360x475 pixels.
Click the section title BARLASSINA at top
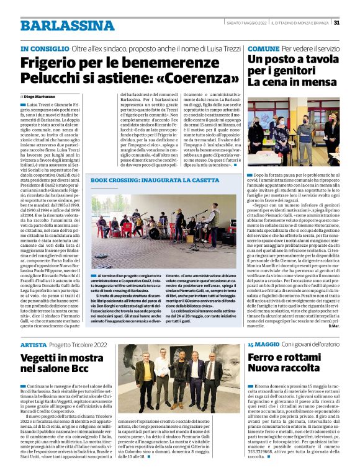58,25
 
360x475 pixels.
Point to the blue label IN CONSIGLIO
43,48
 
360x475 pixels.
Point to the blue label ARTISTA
33,344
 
